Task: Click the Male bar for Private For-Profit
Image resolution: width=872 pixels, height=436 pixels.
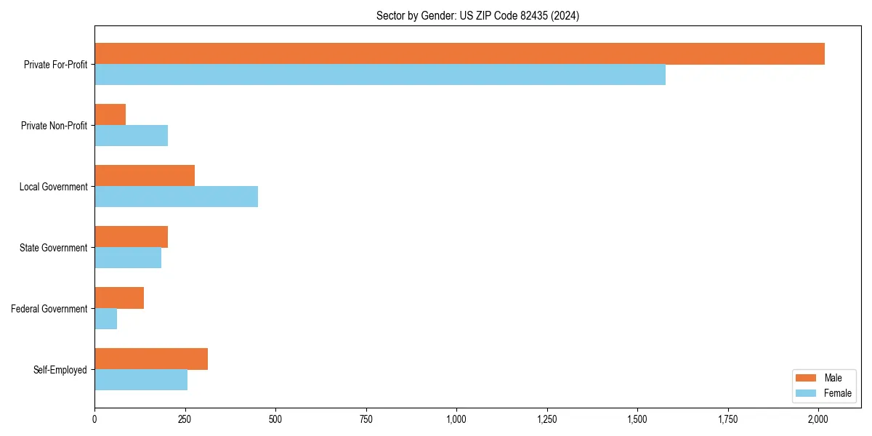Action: point(459,54)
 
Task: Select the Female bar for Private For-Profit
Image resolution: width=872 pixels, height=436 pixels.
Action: point(380,75)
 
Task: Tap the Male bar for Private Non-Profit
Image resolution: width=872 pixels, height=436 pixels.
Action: point(110,115)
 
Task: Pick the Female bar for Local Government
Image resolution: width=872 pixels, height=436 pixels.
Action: point(176,197)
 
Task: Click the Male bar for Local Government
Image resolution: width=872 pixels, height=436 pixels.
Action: point(145,176)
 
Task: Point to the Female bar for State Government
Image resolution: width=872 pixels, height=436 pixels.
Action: point(128,258)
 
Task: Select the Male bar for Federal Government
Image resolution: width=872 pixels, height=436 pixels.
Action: point(119,298)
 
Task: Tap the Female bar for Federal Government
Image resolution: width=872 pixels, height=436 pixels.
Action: point(105,319)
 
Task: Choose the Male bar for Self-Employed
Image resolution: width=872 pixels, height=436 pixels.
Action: point(151,359)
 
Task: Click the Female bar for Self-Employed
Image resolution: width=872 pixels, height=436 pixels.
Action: point(141,380)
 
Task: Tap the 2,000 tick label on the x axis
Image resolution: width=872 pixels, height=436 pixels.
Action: point(818,419)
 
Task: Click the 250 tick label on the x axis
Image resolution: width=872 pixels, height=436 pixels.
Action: point(185,419)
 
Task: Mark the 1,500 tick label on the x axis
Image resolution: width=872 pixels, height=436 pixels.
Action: point(637,419)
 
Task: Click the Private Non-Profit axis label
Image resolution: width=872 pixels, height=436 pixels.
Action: point(54,126)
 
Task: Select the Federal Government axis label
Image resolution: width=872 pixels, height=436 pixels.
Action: point(49,309)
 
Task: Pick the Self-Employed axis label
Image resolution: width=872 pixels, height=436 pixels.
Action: point(60,370)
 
